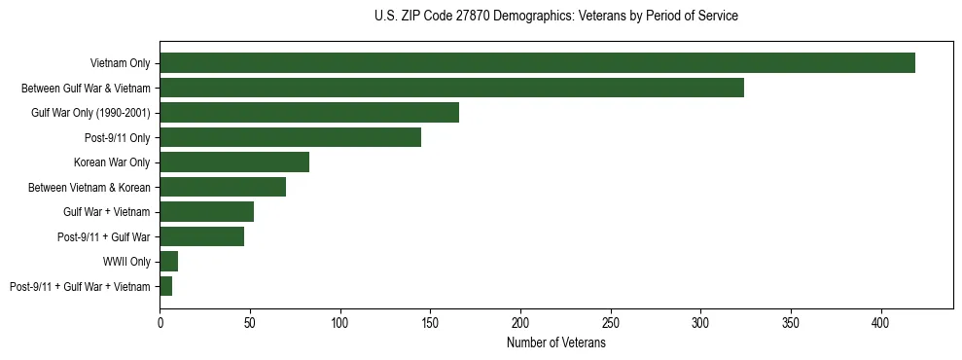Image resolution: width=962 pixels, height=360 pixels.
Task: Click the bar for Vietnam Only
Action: click(x=537, y=63)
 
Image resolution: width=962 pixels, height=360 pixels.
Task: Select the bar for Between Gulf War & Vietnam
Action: click(x=451, y=88)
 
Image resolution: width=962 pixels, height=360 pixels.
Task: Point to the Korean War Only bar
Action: click(x=234, y=162)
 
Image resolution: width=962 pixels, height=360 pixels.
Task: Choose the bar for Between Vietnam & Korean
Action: click(x=223, y=187)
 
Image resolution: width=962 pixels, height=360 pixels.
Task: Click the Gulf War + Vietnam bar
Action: click(x=206, y=212)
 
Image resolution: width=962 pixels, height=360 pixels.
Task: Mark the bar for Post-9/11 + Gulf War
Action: click(x=201, y=236)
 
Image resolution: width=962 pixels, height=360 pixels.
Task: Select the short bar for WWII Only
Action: click(x=168, y=262)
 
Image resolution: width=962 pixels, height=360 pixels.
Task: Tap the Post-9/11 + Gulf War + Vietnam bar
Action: click(x=165, y=286)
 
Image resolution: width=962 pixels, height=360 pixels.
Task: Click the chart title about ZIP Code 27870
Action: click(x=555, y=17)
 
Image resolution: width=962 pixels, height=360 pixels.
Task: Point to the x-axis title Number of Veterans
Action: click(x=555, y=343)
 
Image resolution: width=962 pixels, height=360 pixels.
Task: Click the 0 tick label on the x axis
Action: click(x=160, y=322)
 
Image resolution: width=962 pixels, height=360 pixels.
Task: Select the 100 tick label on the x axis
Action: click(x=340, y=322)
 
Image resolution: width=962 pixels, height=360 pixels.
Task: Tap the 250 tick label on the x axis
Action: click(x=611, y=322)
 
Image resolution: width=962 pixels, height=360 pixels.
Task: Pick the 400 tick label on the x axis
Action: click(x=881, y=322)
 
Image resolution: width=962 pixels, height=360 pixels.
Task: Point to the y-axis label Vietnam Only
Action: click(x=120, y=63)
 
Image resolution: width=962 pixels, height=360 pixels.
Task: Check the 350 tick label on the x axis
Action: click(x=791, y=322)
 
